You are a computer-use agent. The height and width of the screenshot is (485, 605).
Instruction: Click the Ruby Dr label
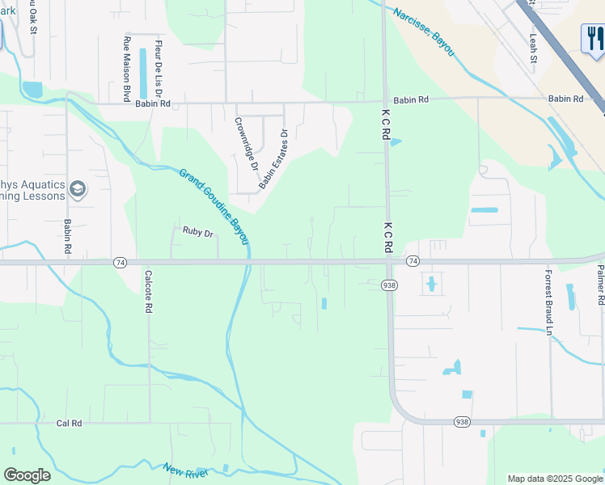[x=197, y=233]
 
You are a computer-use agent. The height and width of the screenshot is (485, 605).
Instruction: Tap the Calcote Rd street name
[x=149, y=291]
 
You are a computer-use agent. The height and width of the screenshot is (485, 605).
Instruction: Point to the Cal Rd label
[x=70, y=423]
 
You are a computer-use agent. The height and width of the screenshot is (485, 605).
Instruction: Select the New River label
[x=185, y=470]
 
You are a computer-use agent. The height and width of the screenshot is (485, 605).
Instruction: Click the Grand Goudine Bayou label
[x=214, y=206]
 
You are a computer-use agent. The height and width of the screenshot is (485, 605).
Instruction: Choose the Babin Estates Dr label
[x=273, y=160]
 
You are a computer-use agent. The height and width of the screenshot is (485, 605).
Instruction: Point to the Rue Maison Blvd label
[x=127, y=69]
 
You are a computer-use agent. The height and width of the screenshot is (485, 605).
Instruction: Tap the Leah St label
[x=532, y=48]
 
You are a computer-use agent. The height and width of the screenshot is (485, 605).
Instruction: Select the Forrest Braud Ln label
[x=548, y=302]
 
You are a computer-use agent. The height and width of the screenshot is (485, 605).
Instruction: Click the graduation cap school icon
[x=78, y=190]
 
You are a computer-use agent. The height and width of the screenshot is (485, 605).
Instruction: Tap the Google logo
[x=27, y=475]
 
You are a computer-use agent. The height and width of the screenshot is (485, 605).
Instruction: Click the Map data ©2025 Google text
[x=554, y=479]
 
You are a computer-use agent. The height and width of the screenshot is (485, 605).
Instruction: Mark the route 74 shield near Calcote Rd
[x=120, y=262]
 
